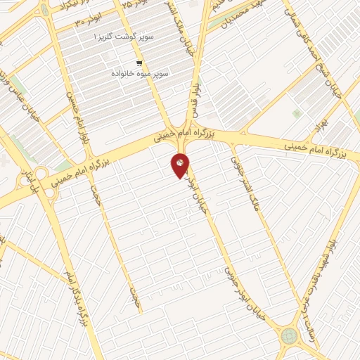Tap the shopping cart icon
tap(139, 61)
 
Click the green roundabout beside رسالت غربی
tap(289, 335)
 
